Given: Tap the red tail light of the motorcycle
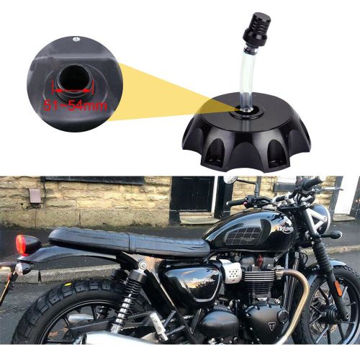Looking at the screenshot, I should point(27,245).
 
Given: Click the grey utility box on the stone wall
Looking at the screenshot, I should point(35,195).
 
